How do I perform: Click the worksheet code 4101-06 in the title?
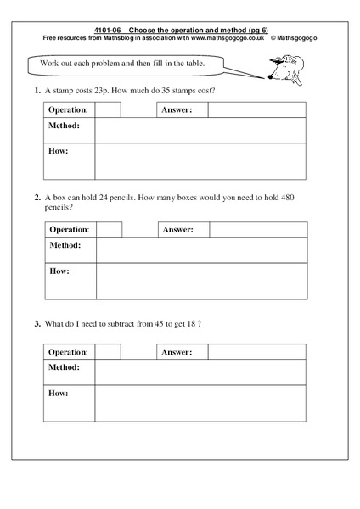(x=102, y=30)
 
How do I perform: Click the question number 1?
(x=37, y=90)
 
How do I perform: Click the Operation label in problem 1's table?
(x=68, y=110)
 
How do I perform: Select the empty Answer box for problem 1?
(x=256, y=110)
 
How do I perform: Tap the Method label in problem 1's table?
(x=64, y=126)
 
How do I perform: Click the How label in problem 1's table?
(x=58, y=151)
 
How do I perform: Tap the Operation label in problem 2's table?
(x=69, y=230)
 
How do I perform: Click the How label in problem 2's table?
(x=59, y=271)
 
